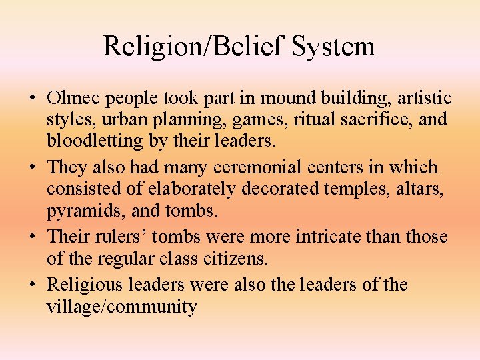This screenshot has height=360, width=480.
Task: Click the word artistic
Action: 424,98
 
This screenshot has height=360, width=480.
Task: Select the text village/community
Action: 121,306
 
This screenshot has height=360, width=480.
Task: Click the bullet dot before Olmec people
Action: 31,99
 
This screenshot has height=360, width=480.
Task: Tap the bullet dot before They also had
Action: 31,168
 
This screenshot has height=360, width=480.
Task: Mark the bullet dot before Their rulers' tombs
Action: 31,237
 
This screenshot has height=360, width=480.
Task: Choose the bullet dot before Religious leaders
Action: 31,285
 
